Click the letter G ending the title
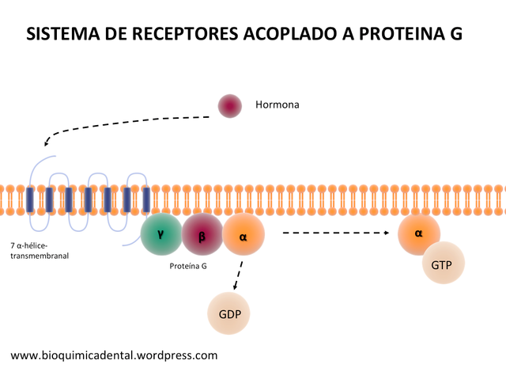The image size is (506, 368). coord(451,34)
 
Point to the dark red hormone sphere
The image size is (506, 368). coord(230,105)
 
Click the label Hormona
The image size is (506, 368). coord(278,104)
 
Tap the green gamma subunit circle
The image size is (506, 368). coord(162,234)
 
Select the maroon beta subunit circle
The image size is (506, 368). coord(202,235)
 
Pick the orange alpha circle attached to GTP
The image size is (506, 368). coord(419,234)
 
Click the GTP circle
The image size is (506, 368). coord(442,264)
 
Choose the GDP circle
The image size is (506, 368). coord(228,312)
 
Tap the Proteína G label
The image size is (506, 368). coord(188,267)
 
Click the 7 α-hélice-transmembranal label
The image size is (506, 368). coord(40,251)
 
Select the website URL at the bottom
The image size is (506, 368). coord(114,355)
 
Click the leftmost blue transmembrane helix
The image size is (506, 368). coord(30,199)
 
